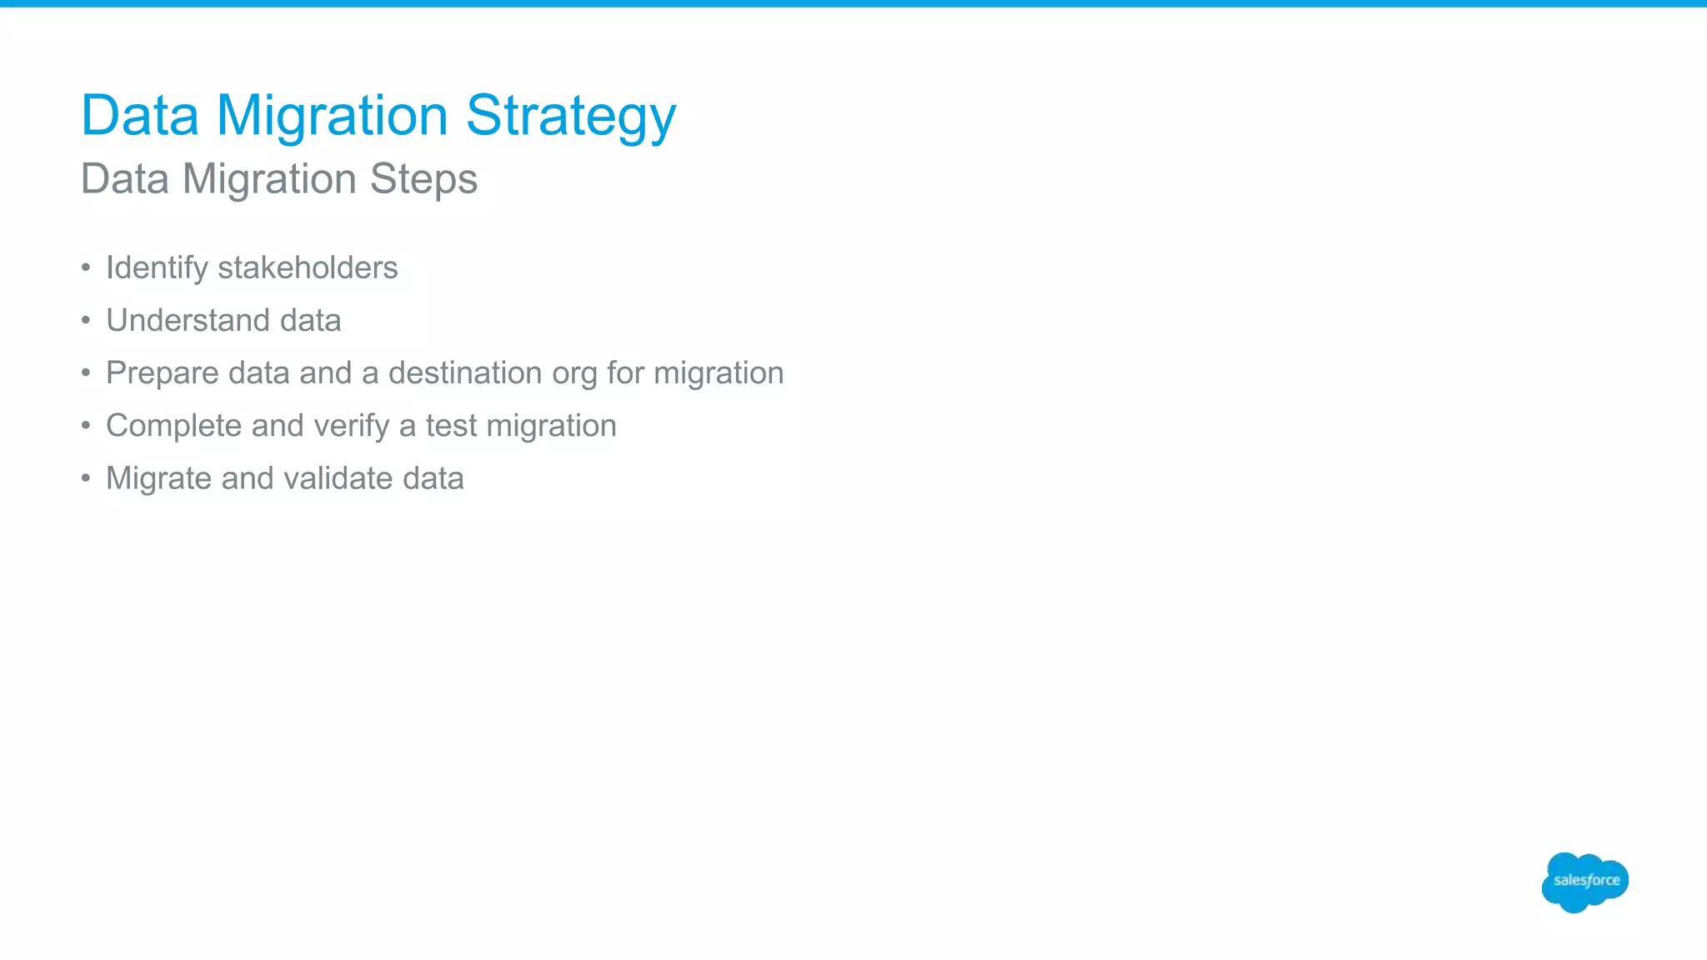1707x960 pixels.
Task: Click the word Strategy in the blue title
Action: [x=571, y=117]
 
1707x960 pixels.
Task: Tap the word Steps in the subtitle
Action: [x=423, y=179]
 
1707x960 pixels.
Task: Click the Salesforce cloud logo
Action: [x=1584, y=882]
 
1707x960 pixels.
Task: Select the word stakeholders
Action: [x=308, y=267]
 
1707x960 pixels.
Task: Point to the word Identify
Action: [x=157, y=268]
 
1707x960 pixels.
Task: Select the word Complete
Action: [x=173, y=426]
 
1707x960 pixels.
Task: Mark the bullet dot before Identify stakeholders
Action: [x=86, y=267]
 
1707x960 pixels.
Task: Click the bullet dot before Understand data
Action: [x=86, y=320]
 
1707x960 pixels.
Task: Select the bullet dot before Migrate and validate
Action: [x=86, y=478]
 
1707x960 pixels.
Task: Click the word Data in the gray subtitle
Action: [x=125, y=179]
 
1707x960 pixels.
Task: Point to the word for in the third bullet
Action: [x=626, y=373]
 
